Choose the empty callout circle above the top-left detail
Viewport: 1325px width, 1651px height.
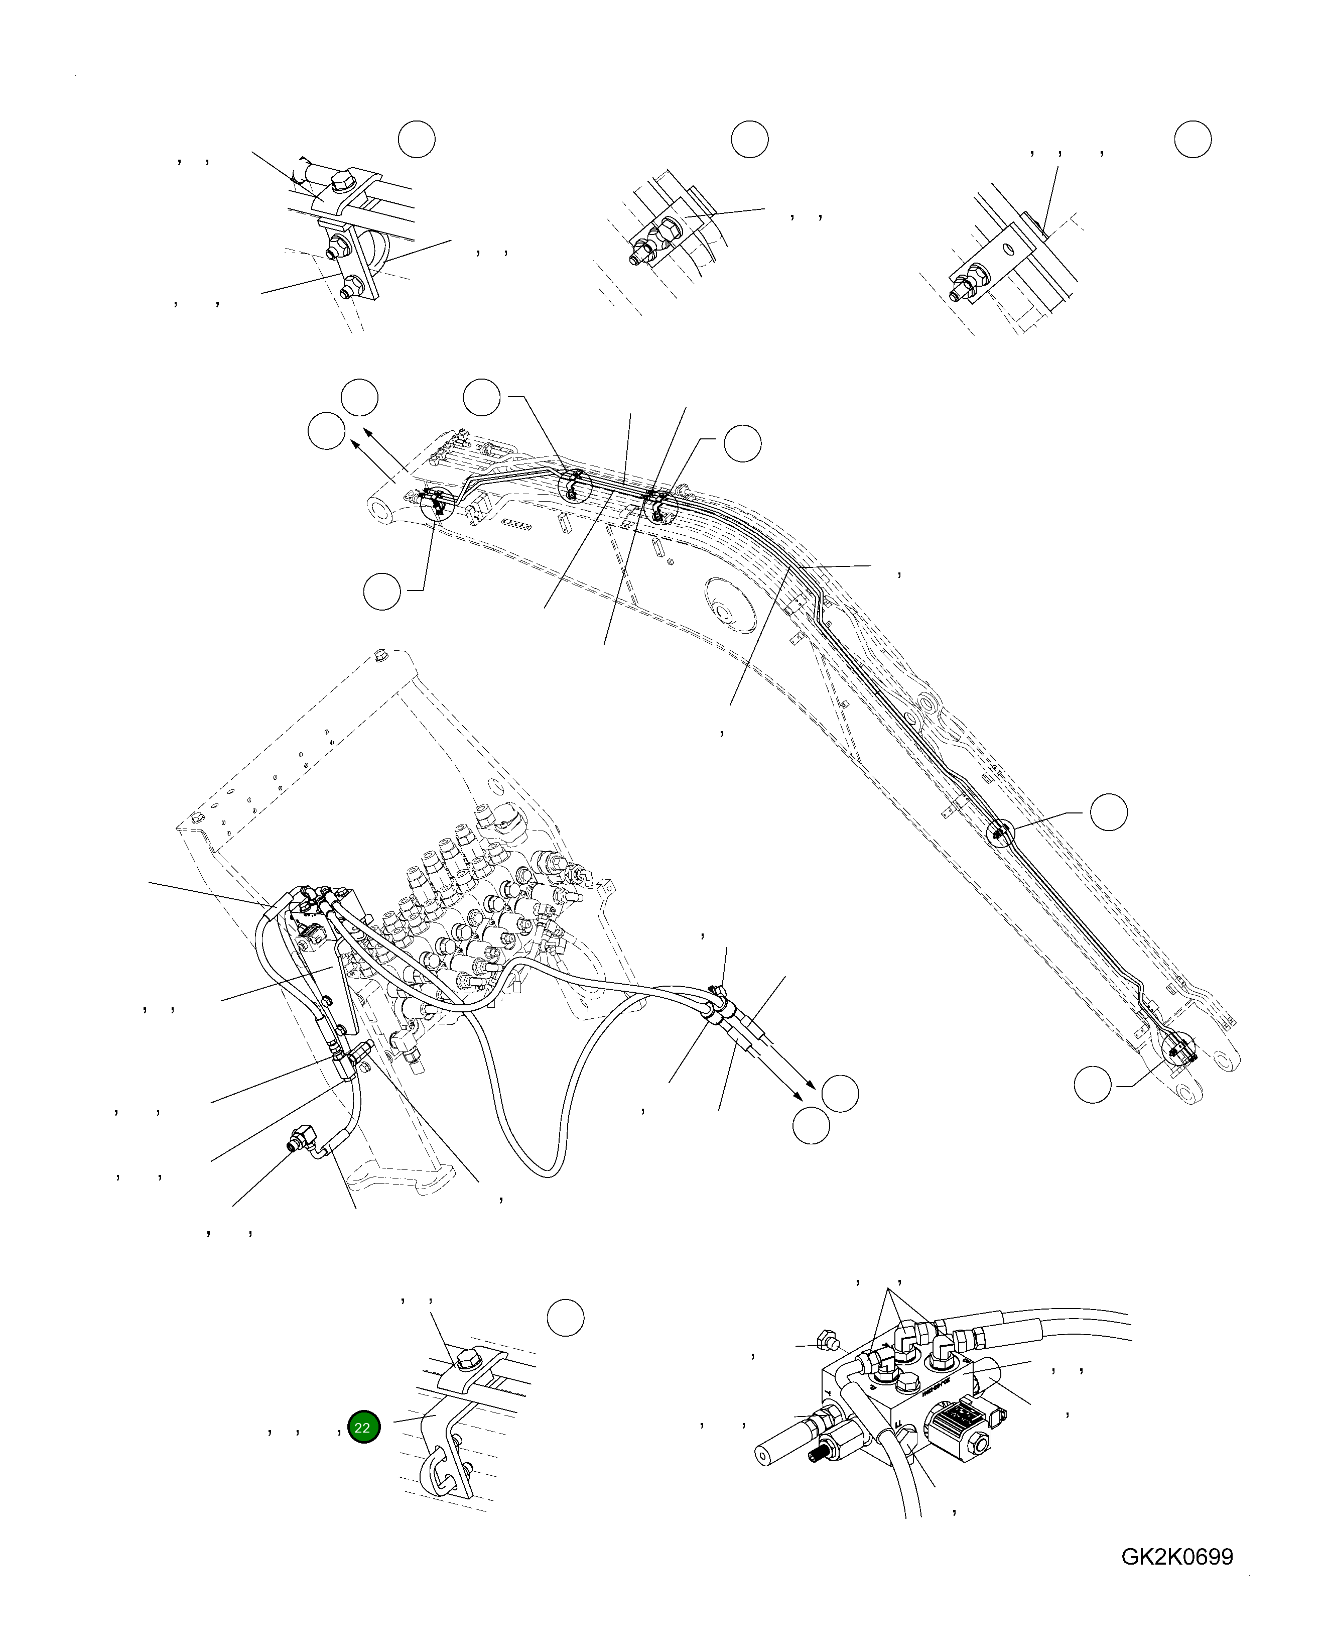[417, 140]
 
